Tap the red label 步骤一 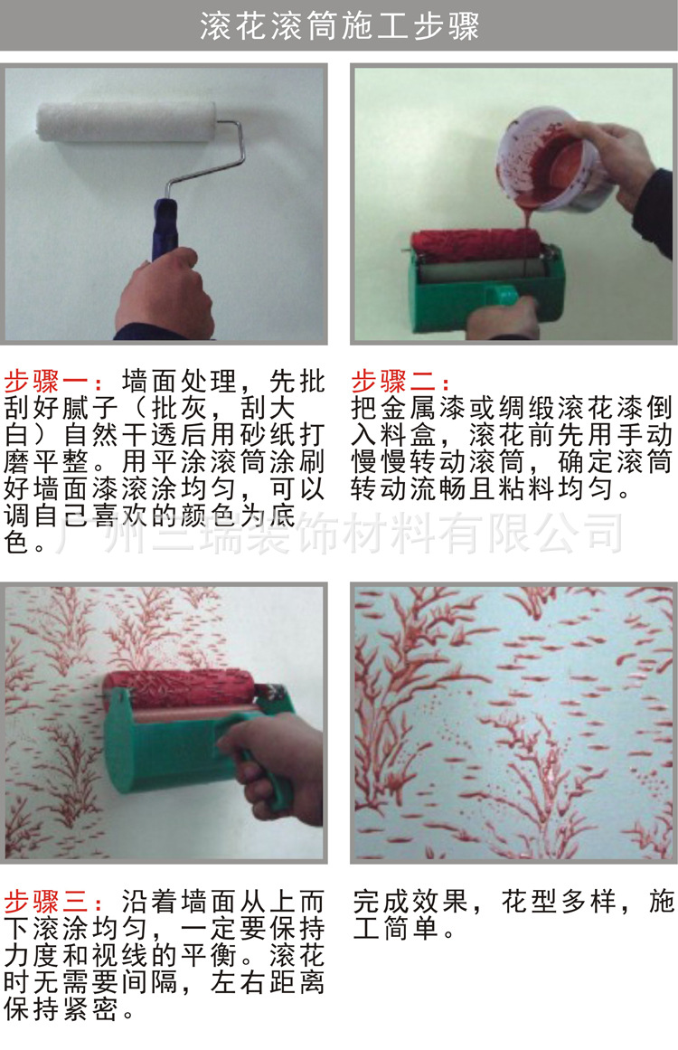click(54, 380)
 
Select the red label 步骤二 click(399, 380)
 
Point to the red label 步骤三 click(54, 901)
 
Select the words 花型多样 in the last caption click(557, 902)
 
